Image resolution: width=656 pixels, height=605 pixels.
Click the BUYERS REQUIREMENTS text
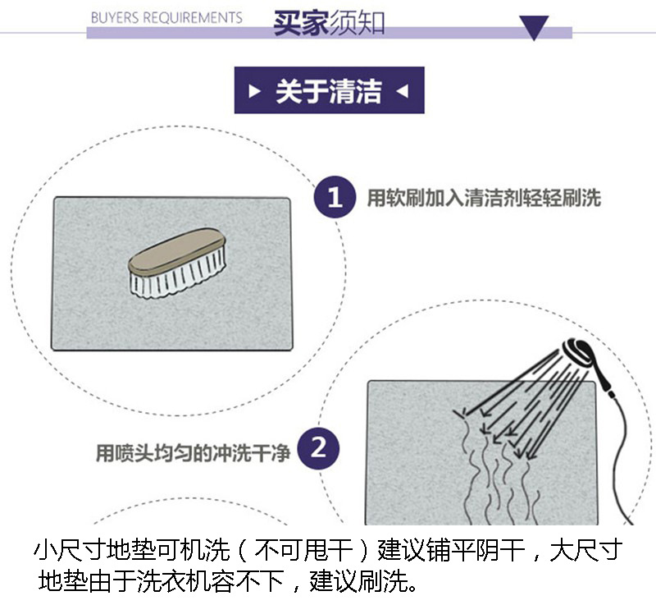[x=166, y=17]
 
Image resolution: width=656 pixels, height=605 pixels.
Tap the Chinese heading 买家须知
[x=329, y=22]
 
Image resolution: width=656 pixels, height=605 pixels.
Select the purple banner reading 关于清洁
[x=329, y=90]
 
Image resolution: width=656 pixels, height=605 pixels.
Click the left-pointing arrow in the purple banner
[x=402, y=90]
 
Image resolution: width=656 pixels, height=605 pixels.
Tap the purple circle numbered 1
[x=335, y=198]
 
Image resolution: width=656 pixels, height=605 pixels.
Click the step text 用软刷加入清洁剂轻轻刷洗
[x=484, y=198]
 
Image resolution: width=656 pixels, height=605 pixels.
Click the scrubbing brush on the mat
[x=177, y=263]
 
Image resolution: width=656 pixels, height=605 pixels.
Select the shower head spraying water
[x=575, y=353]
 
